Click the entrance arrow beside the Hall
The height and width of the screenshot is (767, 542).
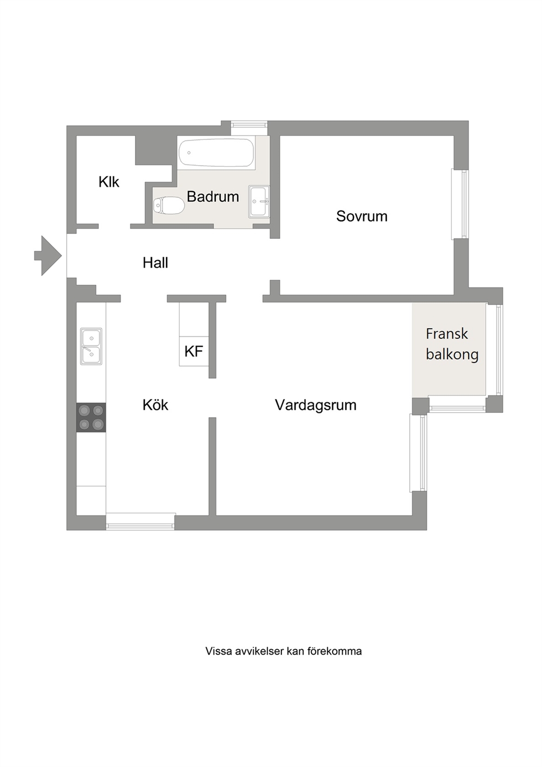[48, 256]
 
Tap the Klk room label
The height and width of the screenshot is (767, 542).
[109, 182]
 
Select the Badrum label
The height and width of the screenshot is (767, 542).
[213, 197]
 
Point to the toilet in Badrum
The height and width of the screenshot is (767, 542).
[169, 206]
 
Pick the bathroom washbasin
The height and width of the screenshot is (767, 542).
[259, 202]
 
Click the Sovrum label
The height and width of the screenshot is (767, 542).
[362, 216]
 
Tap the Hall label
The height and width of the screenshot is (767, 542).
[155, 263]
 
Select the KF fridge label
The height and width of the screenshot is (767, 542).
[193, 352]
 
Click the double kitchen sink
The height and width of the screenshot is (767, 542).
[91, 346]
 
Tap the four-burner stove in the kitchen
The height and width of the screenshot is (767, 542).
[91, 418]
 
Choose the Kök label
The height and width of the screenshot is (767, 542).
[155, 405]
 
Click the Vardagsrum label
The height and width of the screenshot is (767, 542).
[315, 405]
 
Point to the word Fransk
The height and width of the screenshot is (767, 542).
[446, 334]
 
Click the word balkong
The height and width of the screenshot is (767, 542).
[452, 355]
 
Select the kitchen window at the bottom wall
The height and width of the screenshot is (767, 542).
[140, 522]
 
